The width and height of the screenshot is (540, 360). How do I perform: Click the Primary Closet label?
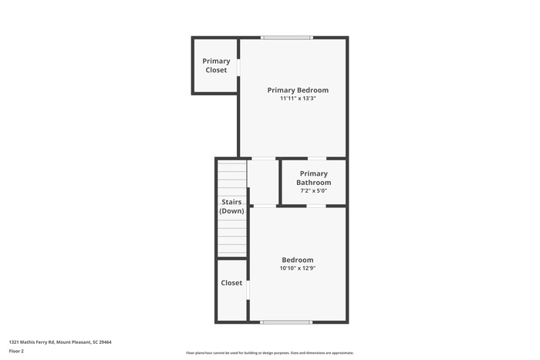pos(216,66)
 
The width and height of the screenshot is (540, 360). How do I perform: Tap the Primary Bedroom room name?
pos(298,90)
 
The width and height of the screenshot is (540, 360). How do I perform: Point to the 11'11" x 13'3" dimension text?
pos(298,99)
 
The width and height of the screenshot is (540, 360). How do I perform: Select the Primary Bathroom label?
pos(313,178)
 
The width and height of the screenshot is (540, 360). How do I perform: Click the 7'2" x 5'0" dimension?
pos(313,190)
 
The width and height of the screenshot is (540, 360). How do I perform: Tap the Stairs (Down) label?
pos(231,207)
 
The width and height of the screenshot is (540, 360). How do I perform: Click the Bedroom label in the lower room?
pos(297,260)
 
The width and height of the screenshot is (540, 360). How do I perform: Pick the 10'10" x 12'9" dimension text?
pos(297,268)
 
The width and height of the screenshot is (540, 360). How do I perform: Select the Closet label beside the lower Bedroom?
pos(231,283)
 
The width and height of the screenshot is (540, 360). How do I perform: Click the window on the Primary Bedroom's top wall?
pos(286,37)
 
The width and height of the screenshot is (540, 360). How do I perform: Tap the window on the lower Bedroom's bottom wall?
pos(286,322)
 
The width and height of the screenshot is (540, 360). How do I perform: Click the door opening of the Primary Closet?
pos(239,68)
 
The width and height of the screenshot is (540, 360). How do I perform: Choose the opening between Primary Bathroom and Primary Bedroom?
pos(316,159)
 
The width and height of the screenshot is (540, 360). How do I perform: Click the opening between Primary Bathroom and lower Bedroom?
pos(316,206)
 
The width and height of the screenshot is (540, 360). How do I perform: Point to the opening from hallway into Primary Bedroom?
pos(264,159)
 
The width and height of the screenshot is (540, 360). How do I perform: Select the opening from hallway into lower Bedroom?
pos(264,206)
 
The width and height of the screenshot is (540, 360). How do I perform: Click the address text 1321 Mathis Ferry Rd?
pos(60,341)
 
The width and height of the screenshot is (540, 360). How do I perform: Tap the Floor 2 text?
pos(16,351)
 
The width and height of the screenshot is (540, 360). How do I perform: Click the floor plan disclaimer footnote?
pos(269,352)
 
